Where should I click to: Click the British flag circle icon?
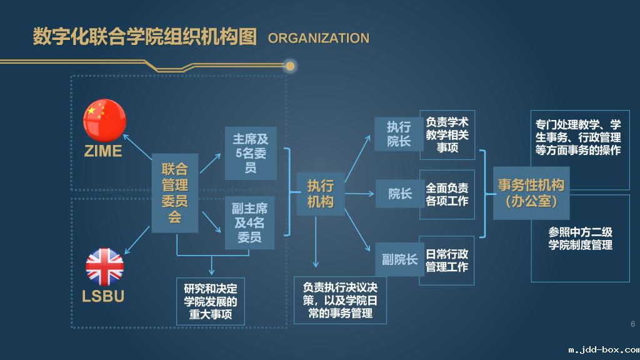[x=104, y=267]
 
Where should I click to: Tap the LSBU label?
[x=103, y=296]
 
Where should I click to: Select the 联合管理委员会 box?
[x=175, y=193]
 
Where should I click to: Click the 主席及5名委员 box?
[x=250, y=154]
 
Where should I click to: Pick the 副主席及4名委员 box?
[x=250, y=223]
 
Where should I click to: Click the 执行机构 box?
[x=320, y=194]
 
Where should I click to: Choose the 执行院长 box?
[x=399, y=134]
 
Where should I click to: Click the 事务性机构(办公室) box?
[x=531, y=193]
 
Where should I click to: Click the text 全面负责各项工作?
[x=447, y=194]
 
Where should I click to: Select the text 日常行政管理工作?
[x=447, y=261]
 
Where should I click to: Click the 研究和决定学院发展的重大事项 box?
[x=211, y=301]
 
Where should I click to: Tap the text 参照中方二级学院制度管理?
[x=580, y=238]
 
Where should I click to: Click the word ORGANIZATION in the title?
[x=318, y=38]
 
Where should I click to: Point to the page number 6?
[x=632, y=324]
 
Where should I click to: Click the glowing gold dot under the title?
[x=289, y=66]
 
